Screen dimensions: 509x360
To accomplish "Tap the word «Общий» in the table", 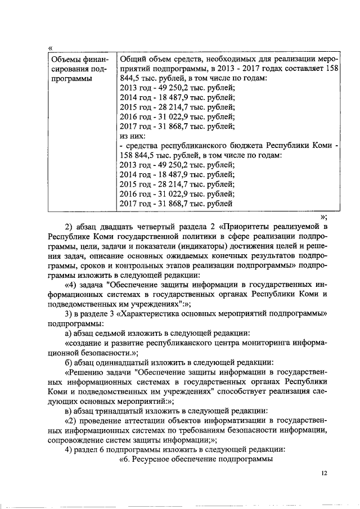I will (134, 59).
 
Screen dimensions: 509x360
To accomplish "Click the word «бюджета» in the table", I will (234, 146).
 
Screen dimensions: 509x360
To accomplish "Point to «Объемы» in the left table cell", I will (66, 59).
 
